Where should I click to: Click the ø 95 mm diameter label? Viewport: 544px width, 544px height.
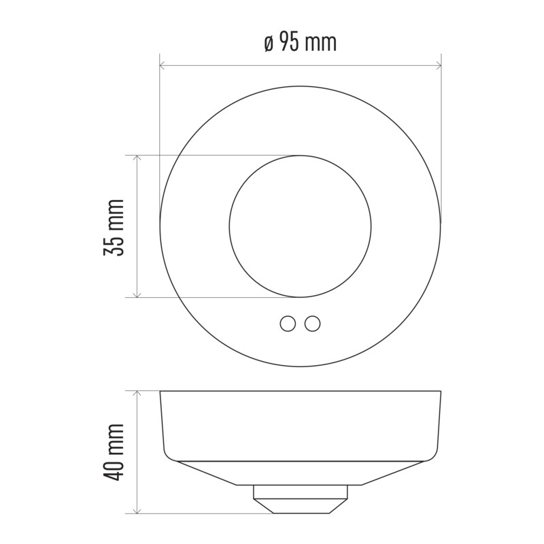301,41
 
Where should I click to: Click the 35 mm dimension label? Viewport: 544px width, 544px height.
114,228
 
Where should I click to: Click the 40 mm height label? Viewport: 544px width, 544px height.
114,452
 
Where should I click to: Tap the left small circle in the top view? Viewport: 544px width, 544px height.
288,324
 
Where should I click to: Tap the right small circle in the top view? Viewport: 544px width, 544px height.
313,324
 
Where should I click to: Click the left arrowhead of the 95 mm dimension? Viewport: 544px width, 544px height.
162,65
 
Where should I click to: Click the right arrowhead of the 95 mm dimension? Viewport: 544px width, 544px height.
439,65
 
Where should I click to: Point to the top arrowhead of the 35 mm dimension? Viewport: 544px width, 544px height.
137,158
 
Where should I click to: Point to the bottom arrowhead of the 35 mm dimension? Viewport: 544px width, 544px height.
137,294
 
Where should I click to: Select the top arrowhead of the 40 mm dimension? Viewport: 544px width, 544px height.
137,394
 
